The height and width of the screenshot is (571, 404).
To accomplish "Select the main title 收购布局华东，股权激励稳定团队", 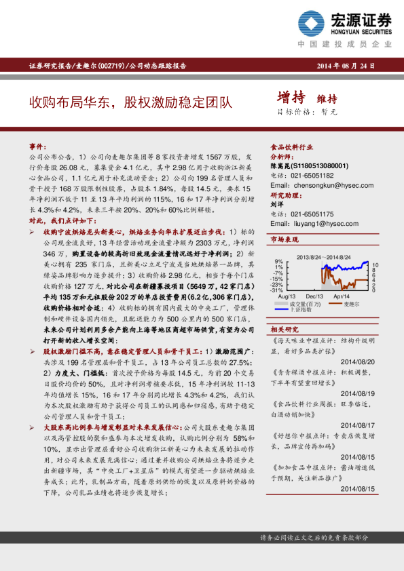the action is pos(130,102).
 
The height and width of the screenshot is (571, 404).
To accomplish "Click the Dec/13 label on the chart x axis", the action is pos(314,296).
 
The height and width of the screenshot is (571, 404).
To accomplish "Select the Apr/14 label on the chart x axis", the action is pos(341,296).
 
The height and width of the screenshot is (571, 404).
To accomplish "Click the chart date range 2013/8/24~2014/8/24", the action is pos(323,258).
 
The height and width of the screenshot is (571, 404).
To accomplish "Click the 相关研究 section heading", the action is pos(284,328).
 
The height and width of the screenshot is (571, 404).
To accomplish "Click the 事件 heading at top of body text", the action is pos(37,146).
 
